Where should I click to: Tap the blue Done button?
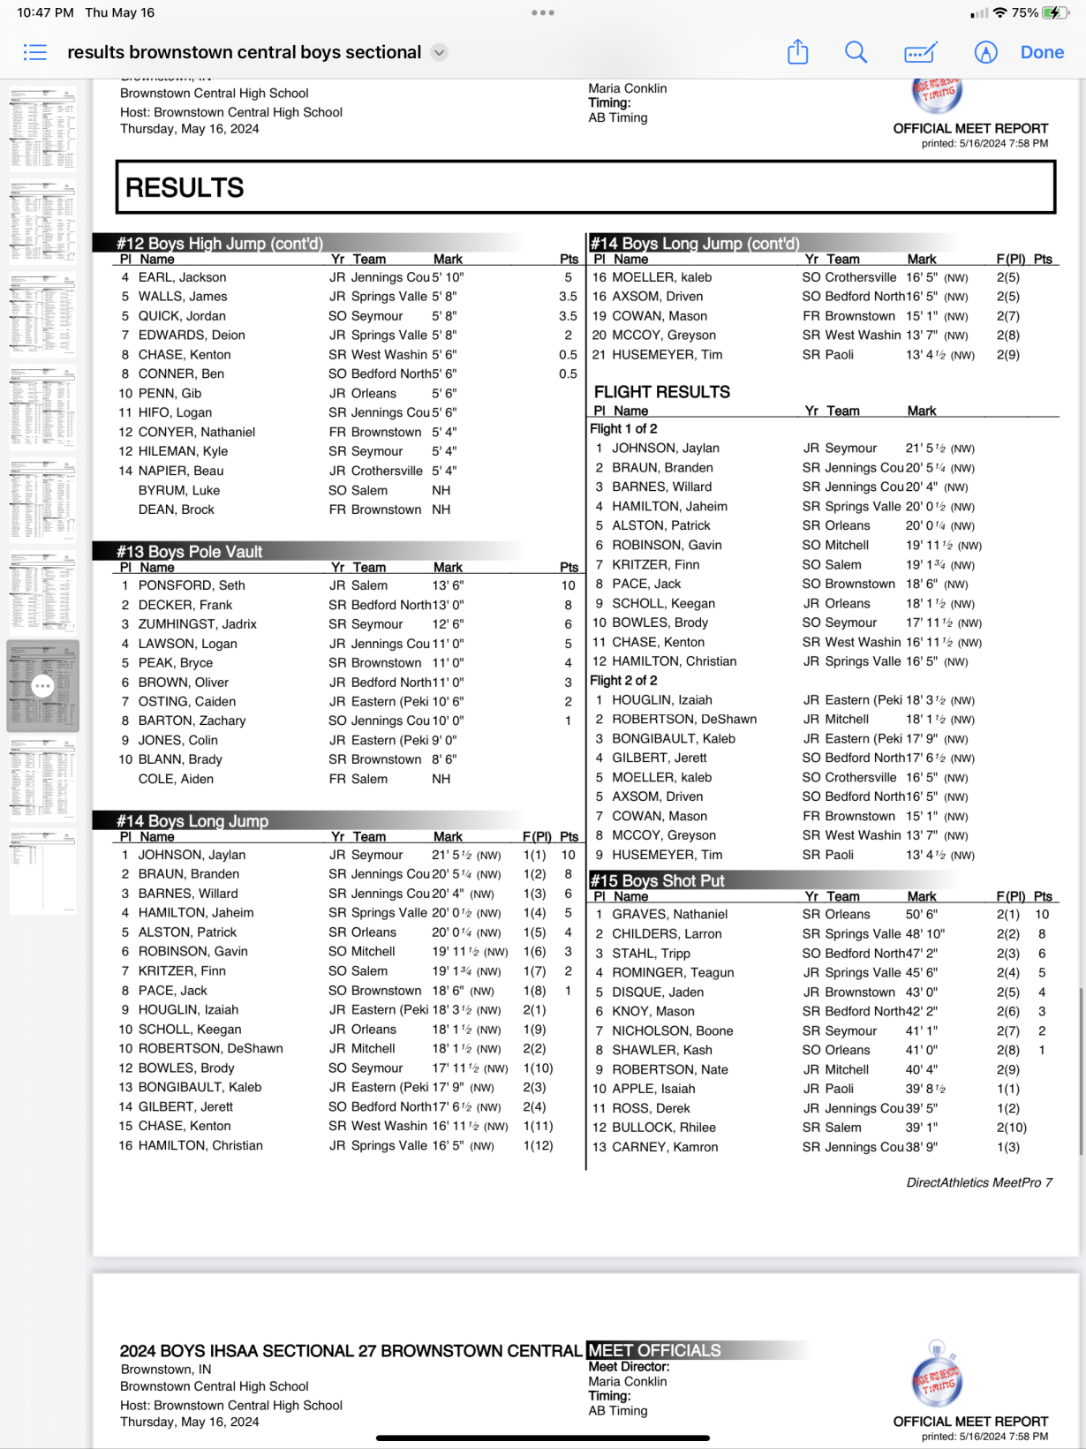tap(1042, 53)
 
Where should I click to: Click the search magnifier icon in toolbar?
tap(856, 53)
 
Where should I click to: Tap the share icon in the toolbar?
tap(797, 52)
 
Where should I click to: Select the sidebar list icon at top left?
tap(35, 53)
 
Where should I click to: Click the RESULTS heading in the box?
tap(185, 188)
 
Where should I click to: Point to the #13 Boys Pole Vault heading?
tap(190, 552)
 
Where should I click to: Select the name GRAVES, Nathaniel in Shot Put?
tap(669, 915)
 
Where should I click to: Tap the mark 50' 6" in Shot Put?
tap(921, 915)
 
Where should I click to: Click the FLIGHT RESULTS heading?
tap(661, 392)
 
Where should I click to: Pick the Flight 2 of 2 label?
tap(623, 681)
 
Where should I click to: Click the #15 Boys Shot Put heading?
tap(657, 881)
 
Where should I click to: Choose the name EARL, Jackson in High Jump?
tap(182, 277)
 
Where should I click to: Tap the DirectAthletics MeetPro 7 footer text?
tap(979, 1183)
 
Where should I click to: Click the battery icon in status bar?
tap(1054, 13)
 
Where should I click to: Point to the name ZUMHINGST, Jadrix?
tap(197, 624)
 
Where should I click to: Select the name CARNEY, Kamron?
tap(665, 1147)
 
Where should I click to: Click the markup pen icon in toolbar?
tap(920, 53)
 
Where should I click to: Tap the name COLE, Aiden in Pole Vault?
tap(176, 779)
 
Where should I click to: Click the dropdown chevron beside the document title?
tap(439, 53)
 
